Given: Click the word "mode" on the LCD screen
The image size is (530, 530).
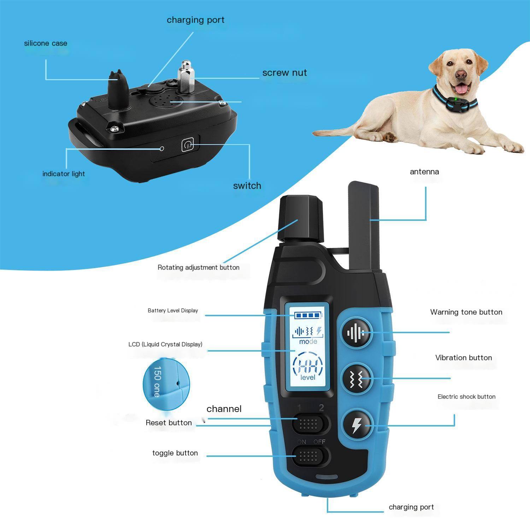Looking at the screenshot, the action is (308, 342).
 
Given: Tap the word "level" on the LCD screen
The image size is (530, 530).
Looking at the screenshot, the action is (308, 377).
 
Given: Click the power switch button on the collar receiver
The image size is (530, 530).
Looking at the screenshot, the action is (188, 145).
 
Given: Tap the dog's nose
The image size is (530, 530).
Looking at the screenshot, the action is (460, 74).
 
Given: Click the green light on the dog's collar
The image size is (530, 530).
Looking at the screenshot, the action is (457, 100).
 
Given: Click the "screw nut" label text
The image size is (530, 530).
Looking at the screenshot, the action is (284, 73).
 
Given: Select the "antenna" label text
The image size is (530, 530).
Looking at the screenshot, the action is (424, 172).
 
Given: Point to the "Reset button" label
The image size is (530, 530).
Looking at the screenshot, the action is (169, 423).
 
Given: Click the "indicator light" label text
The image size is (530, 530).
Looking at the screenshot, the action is (64, 174).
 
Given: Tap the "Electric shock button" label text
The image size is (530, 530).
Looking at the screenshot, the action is (466, 396).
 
